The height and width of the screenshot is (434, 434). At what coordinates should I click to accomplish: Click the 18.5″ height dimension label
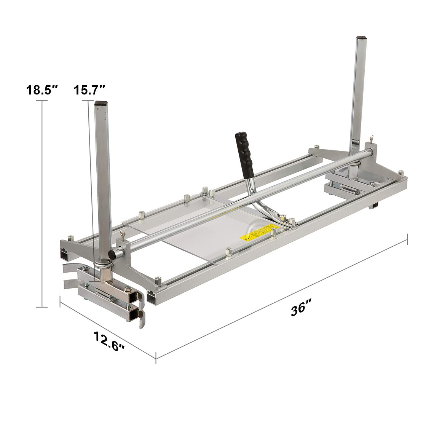point(42,90)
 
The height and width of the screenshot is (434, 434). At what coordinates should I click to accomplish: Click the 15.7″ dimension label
point(90,90)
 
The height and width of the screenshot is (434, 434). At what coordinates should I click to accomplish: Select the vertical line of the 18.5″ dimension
point(41,202)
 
